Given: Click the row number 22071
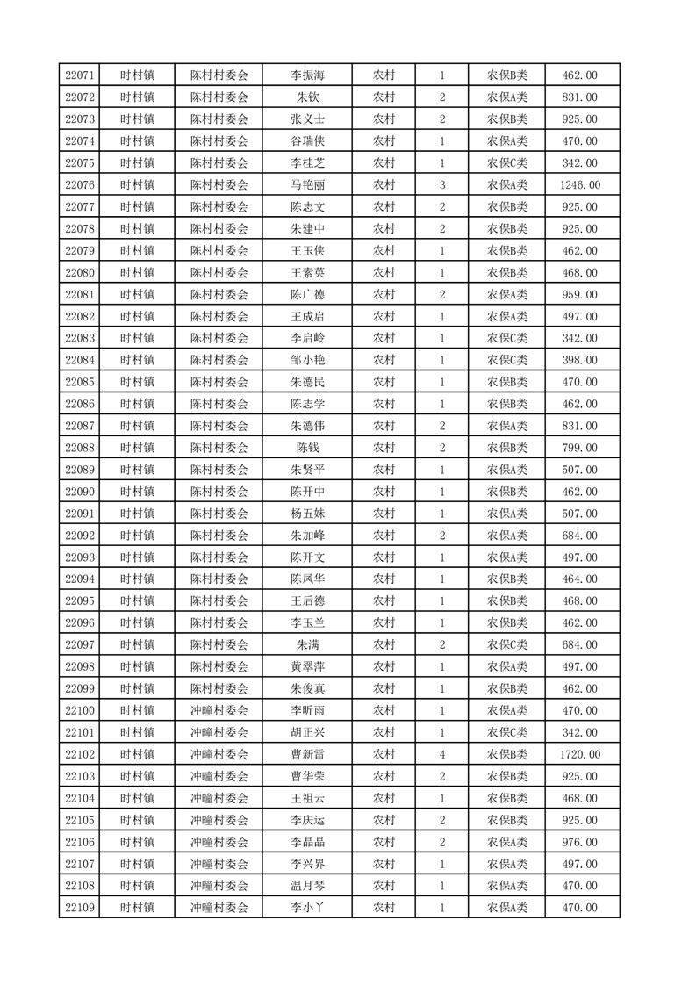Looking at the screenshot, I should click(80, 75).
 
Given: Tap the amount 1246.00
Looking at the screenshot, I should click(579, 185).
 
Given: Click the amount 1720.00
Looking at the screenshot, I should click(579, 754).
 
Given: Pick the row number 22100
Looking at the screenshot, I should click(80, 710).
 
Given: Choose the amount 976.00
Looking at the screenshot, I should click(579, 842).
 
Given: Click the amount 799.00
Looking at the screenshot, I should click(579, 448).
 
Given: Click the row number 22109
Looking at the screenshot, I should click(80, 908).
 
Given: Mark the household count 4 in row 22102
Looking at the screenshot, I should click(441, 754).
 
